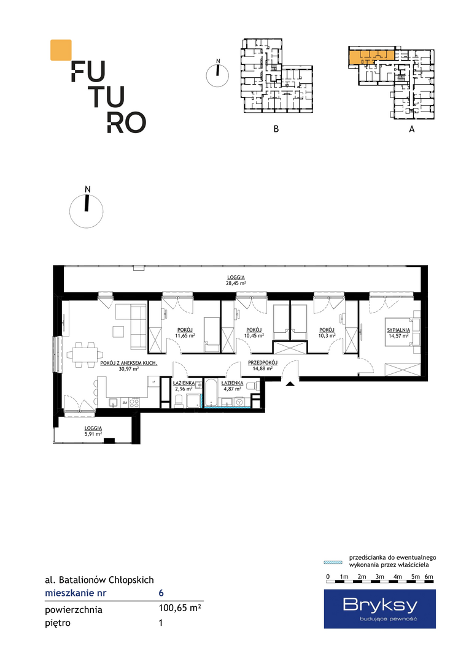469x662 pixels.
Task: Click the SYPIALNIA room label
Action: pos(398,330)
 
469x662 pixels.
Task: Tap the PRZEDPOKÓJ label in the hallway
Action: pos(262,363)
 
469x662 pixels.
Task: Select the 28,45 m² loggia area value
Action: pos(236,283)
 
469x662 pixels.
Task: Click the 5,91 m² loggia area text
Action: pos(93,433)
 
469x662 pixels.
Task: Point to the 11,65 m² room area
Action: pos(185,336)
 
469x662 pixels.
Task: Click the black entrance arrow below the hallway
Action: pos(290,383)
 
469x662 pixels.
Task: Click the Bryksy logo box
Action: pos(380,609)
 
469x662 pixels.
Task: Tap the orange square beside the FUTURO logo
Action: pos(61,50)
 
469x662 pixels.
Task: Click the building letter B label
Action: pos(276,129)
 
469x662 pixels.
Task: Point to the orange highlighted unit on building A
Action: pos(371,57)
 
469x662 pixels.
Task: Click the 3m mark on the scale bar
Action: pos(379,577)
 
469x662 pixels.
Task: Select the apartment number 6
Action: pos(161,593)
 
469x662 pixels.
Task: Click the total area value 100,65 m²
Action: pos(180,608)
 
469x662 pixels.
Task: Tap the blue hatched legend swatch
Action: pos(333,562)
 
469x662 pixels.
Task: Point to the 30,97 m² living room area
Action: pos(129,368)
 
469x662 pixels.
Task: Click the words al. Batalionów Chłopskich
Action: pos(99,580)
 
